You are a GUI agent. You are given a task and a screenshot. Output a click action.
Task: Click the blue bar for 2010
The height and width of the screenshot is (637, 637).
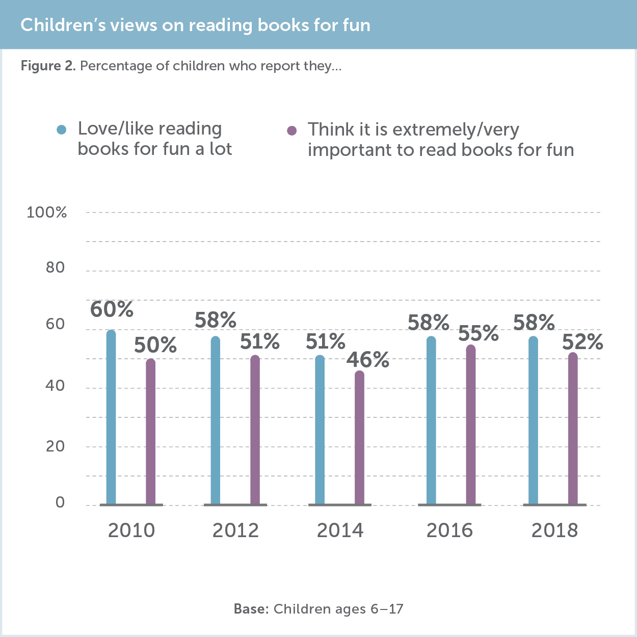111,418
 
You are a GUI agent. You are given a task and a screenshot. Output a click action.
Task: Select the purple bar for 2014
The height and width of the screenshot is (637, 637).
359,438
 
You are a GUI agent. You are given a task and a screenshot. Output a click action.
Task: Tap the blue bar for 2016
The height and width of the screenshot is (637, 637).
431,420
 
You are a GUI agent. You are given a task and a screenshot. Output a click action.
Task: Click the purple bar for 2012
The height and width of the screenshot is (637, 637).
255,431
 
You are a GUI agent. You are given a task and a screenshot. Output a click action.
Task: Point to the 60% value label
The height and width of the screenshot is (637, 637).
112,310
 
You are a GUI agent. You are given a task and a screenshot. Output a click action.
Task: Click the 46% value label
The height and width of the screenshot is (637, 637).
368,360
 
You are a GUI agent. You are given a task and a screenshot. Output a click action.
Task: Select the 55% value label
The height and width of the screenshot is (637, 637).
479,333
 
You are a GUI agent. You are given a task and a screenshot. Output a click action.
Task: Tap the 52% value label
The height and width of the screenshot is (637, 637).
582,342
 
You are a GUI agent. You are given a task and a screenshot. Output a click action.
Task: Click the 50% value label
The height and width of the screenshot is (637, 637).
155,346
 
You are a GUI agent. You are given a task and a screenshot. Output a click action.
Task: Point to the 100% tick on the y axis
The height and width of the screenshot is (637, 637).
47,213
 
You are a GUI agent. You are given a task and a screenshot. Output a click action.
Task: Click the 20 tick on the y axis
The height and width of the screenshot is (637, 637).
55,446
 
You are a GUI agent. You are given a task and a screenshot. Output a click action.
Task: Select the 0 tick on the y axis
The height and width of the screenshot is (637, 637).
60,502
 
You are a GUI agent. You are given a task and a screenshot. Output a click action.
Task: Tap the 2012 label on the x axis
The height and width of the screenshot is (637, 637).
235,530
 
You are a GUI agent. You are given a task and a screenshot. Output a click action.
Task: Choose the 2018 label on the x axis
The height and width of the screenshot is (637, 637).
554,530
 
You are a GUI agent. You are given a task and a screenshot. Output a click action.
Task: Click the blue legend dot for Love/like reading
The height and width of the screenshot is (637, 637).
62,130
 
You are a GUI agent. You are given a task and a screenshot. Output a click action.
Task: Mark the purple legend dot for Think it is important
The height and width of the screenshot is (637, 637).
292,131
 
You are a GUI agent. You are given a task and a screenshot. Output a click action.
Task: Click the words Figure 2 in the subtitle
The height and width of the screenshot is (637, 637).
48,66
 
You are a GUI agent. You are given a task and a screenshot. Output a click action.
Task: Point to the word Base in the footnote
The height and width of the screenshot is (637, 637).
251,609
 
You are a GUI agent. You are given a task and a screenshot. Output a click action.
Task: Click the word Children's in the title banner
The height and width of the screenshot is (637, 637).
63,25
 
